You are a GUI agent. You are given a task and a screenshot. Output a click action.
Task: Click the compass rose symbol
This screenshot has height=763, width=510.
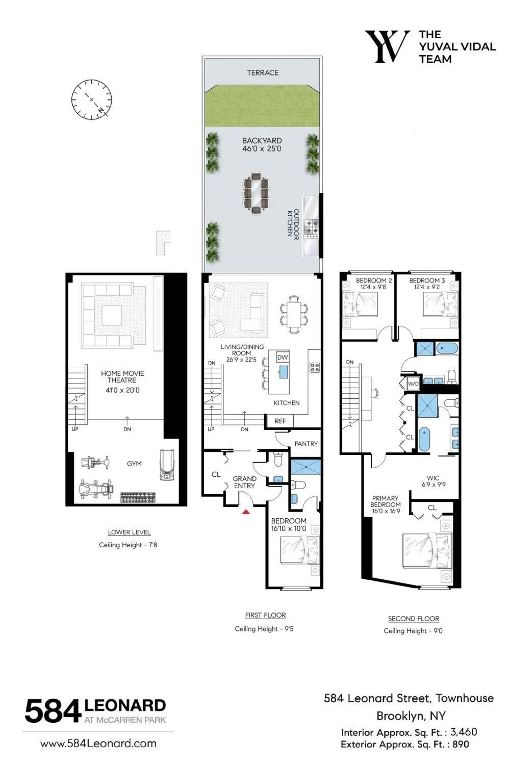92,100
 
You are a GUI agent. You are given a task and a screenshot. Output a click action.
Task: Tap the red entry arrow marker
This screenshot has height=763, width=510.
246,512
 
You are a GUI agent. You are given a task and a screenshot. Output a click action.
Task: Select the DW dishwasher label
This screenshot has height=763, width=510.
283,358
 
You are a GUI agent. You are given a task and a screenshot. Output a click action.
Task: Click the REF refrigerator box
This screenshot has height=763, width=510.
279,421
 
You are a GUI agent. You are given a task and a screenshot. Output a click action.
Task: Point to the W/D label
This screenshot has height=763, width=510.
413,384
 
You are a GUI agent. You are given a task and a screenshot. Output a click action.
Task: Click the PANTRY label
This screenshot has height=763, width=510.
306,444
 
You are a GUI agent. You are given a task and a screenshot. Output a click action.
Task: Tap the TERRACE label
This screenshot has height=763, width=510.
263,72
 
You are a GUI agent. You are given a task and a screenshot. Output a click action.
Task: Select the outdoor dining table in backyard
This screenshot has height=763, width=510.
256,193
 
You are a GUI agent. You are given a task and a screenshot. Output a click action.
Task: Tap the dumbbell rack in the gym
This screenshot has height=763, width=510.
138,498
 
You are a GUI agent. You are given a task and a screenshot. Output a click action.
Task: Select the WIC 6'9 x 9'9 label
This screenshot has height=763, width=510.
433,481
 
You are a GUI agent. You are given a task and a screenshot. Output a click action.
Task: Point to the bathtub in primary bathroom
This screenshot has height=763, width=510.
424,439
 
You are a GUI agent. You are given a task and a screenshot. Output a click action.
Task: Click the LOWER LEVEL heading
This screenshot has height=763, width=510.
129,532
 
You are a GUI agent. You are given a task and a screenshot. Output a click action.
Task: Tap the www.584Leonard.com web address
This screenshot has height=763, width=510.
98,743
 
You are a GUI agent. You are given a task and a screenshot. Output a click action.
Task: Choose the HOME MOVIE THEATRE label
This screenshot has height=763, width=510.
122,377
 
